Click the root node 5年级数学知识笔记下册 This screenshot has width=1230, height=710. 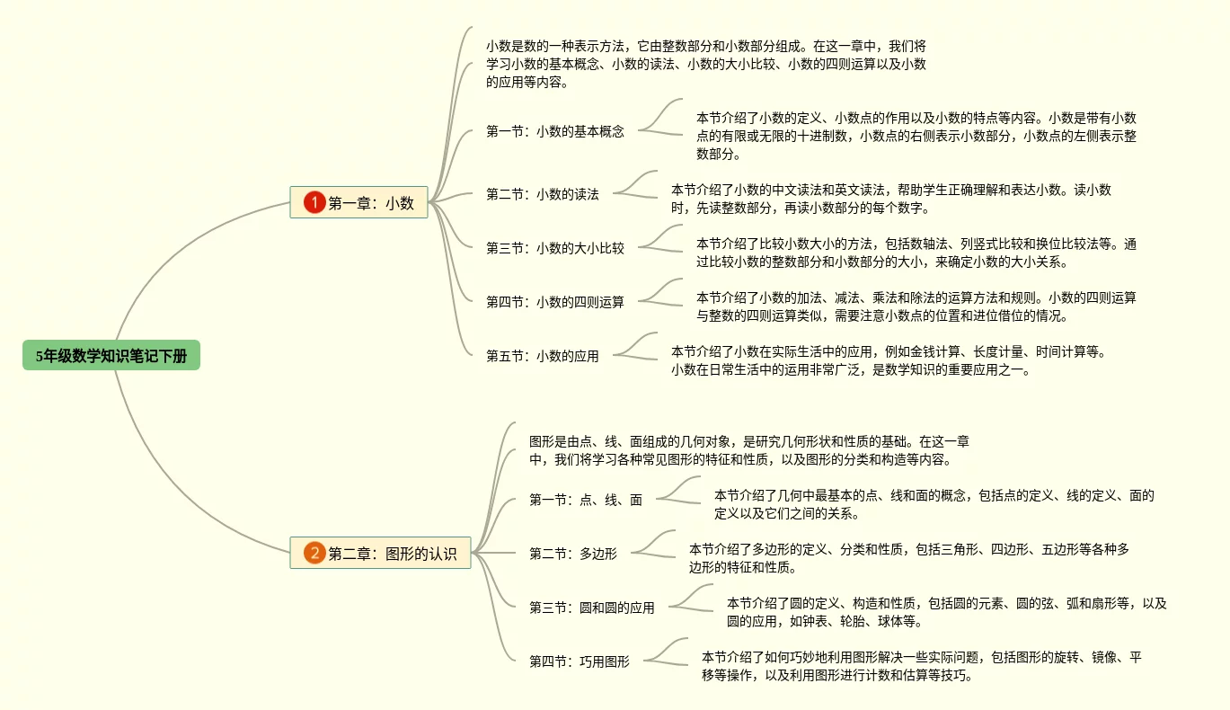tap(111, 356)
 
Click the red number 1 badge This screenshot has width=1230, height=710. tap(314, 203)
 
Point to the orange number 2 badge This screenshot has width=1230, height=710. tap(314, 554)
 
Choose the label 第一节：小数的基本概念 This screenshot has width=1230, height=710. tap(554, 131)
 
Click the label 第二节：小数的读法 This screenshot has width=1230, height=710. tap(542, 194)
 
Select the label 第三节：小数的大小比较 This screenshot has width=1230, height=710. tap(554, 248)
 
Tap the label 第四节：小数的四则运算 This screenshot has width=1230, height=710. tap(554, 302)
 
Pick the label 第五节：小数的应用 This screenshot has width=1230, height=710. tap(542, 356)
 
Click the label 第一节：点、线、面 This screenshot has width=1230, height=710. tap(585, 500)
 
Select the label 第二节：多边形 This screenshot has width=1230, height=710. tap(572, 554)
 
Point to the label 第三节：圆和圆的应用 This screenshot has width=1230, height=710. tap(591, 608)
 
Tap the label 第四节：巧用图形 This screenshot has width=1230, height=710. tap(579, 661)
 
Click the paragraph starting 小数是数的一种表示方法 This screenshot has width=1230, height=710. tap(705, 64)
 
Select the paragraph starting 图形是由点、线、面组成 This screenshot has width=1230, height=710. tap(748, 450)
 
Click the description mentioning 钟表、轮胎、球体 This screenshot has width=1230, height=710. tap(945, 612)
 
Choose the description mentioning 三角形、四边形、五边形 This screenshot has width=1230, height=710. tap(907, 558)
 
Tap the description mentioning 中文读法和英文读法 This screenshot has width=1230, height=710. tap(890, 199)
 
